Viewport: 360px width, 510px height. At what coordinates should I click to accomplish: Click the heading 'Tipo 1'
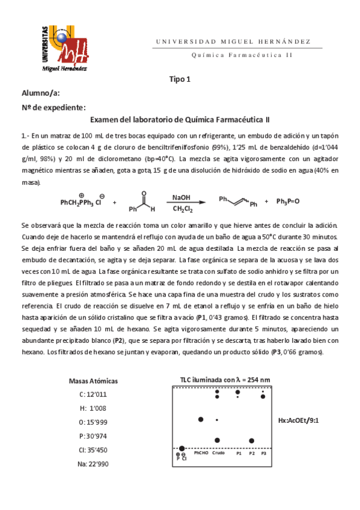point(179,79)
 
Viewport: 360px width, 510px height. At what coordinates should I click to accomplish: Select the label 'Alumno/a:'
point(41,93)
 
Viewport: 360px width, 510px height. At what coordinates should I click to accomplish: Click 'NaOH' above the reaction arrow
point(181,197)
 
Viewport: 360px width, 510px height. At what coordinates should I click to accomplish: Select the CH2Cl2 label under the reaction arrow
point(182,209)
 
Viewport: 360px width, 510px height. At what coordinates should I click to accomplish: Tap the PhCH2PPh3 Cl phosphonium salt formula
point(82,202)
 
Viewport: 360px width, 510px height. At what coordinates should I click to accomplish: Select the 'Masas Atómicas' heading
point(93,381)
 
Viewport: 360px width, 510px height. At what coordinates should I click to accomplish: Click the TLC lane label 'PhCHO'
point(200,453)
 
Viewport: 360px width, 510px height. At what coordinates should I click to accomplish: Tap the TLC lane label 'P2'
point(252,453)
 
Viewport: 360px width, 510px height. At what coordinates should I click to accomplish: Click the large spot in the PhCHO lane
point(201,419)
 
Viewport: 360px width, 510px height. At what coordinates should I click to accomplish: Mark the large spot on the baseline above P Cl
point(182,449)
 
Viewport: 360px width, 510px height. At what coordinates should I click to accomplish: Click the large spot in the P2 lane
point(252,440)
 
